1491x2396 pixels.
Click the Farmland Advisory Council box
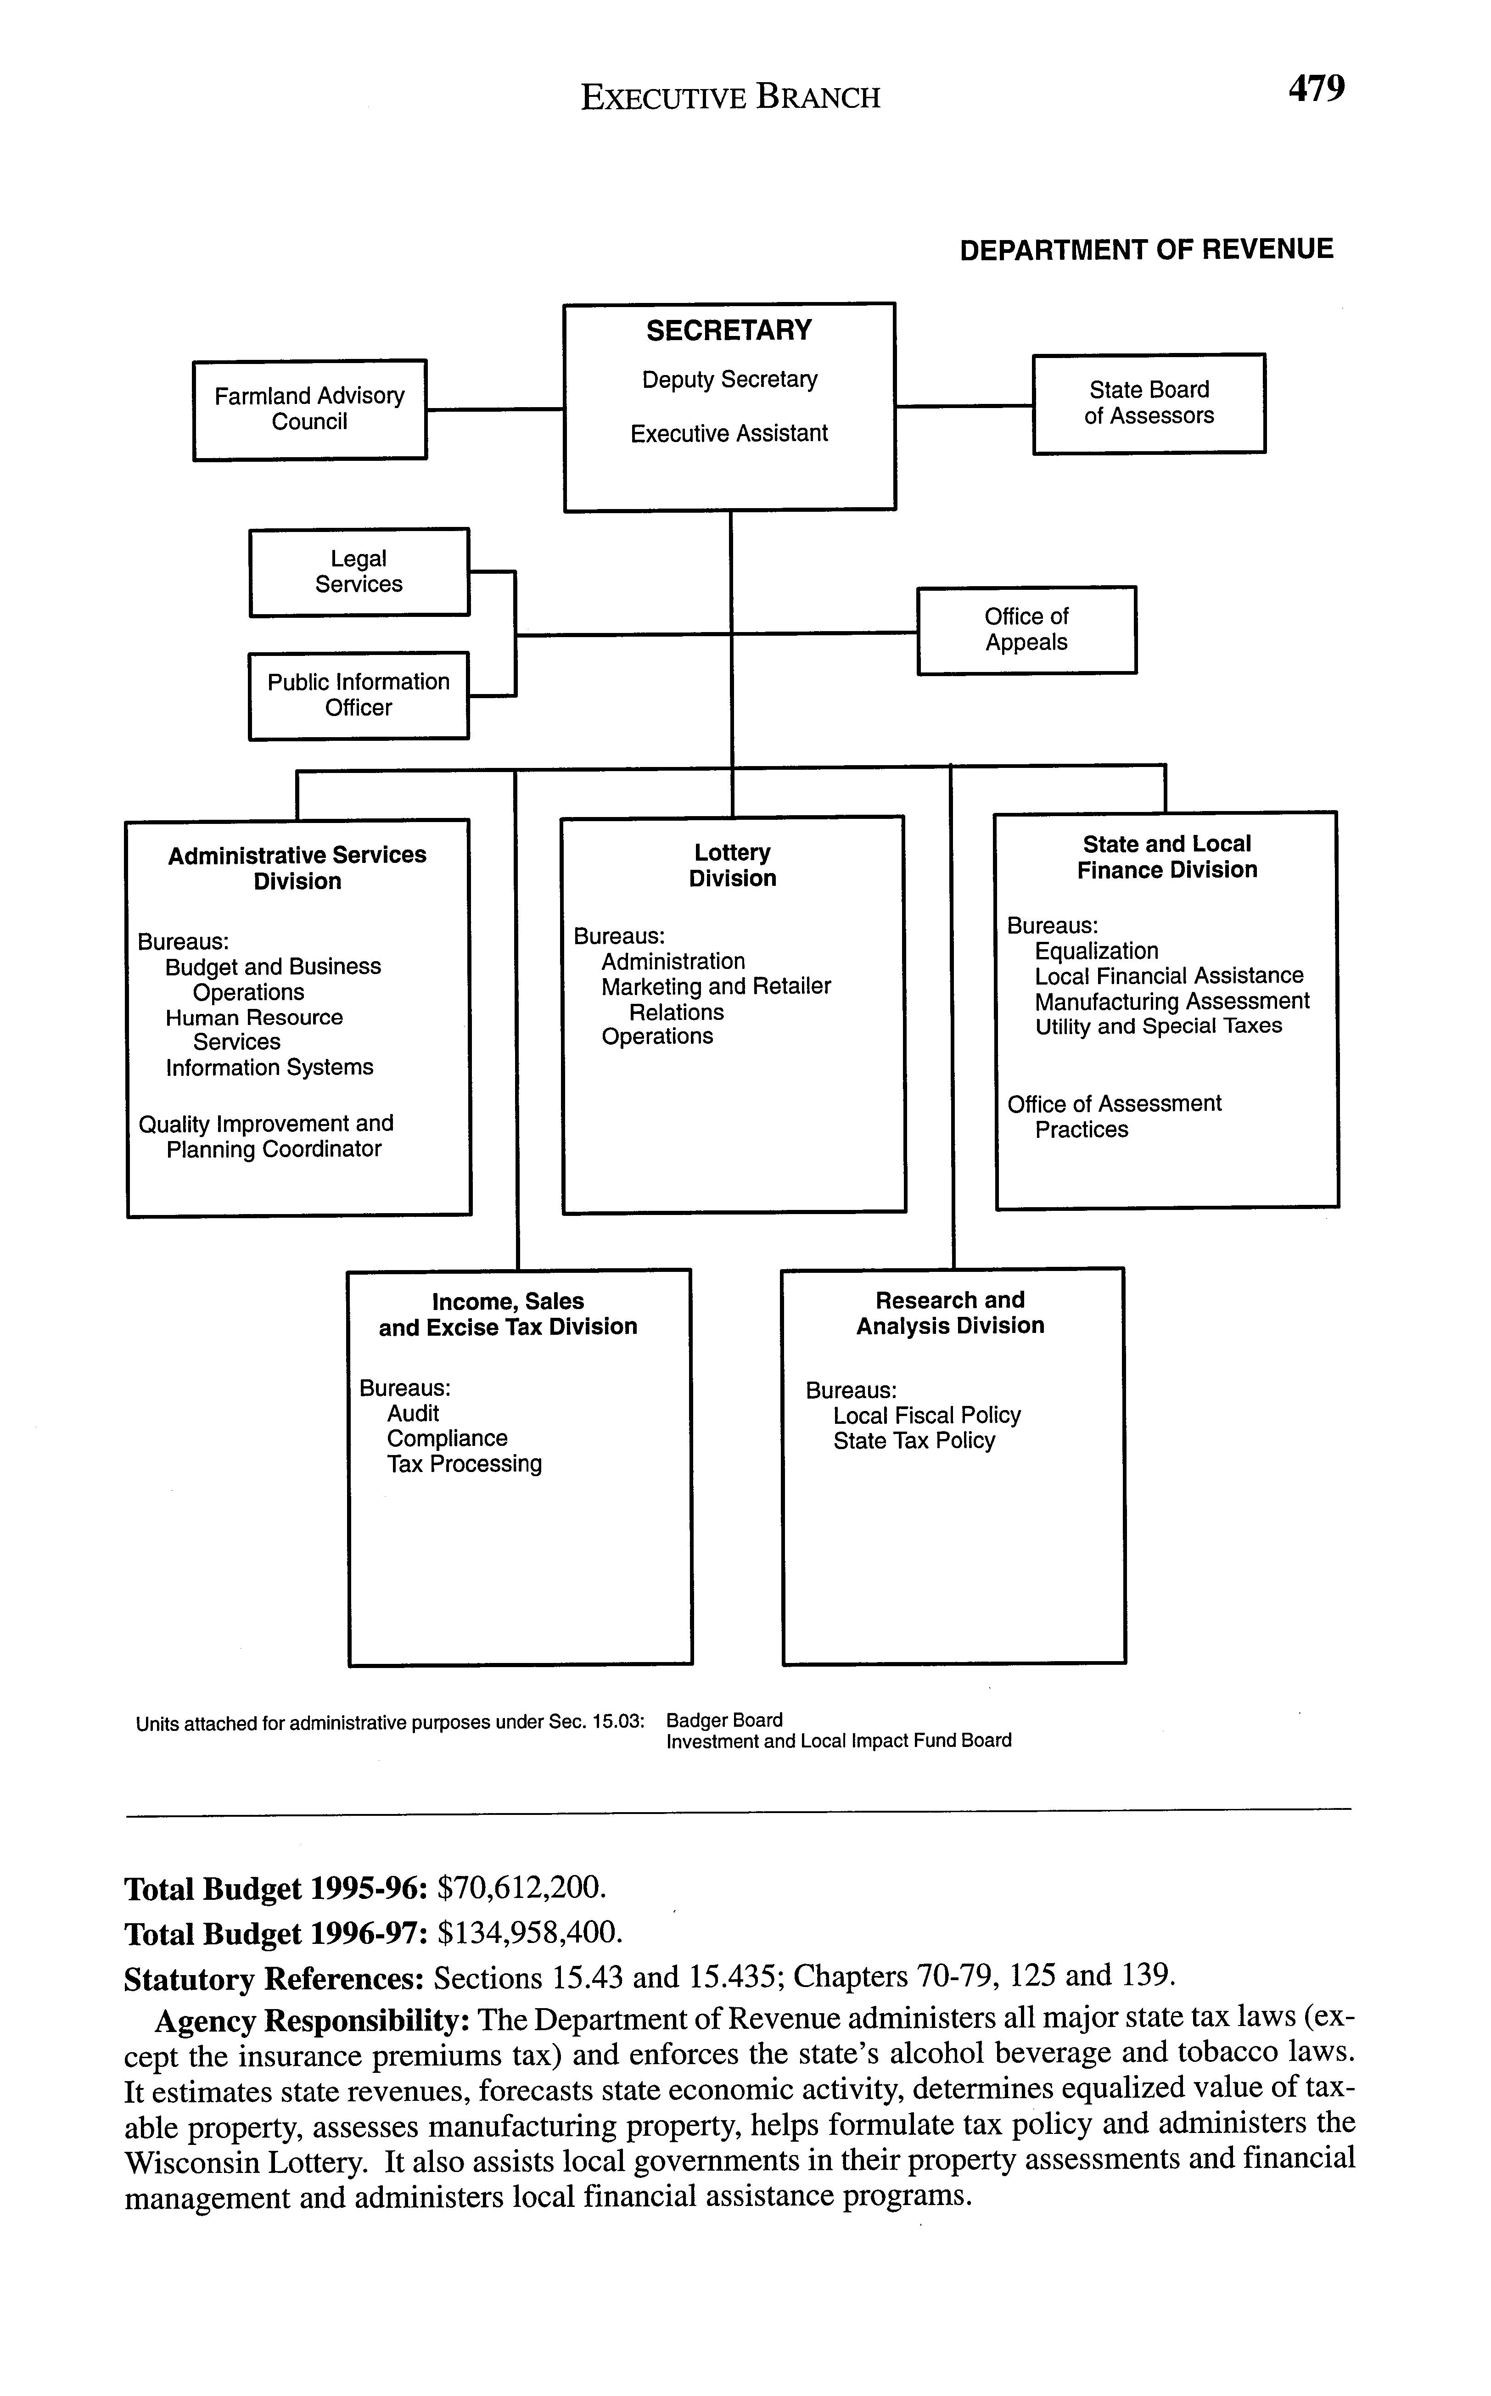coord(310,409)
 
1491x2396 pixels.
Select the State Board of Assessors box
coord(1149,403)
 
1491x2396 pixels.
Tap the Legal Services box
coord(359,572)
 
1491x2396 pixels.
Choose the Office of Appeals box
coord(1026,630)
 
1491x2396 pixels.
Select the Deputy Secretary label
coord(730,380)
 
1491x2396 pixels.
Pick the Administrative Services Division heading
coord(297,868)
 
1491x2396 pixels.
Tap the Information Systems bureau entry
coord(269,1068)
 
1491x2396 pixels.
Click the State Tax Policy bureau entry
coord(914,1440)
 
